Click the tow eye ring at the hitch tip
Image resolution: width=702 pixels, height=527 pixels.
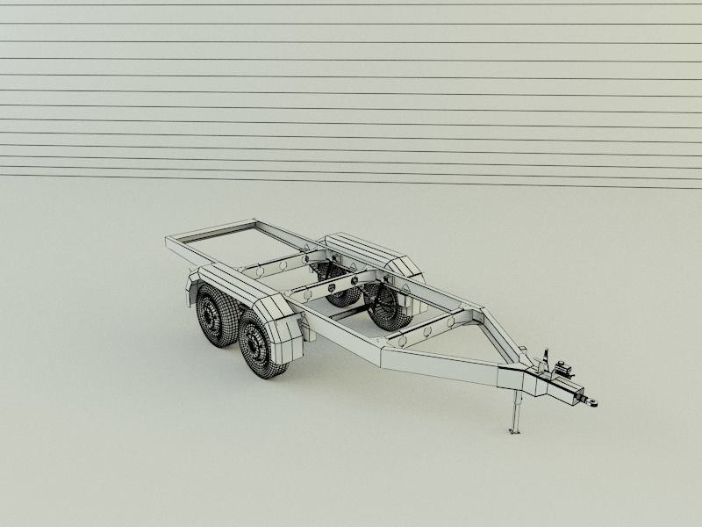click(593, 401)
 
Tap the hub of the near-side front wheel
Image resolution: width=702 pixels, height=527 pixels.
click(255, 344)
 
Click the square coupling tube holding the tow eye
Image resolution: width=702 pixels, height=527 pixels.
click(566, 390)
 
